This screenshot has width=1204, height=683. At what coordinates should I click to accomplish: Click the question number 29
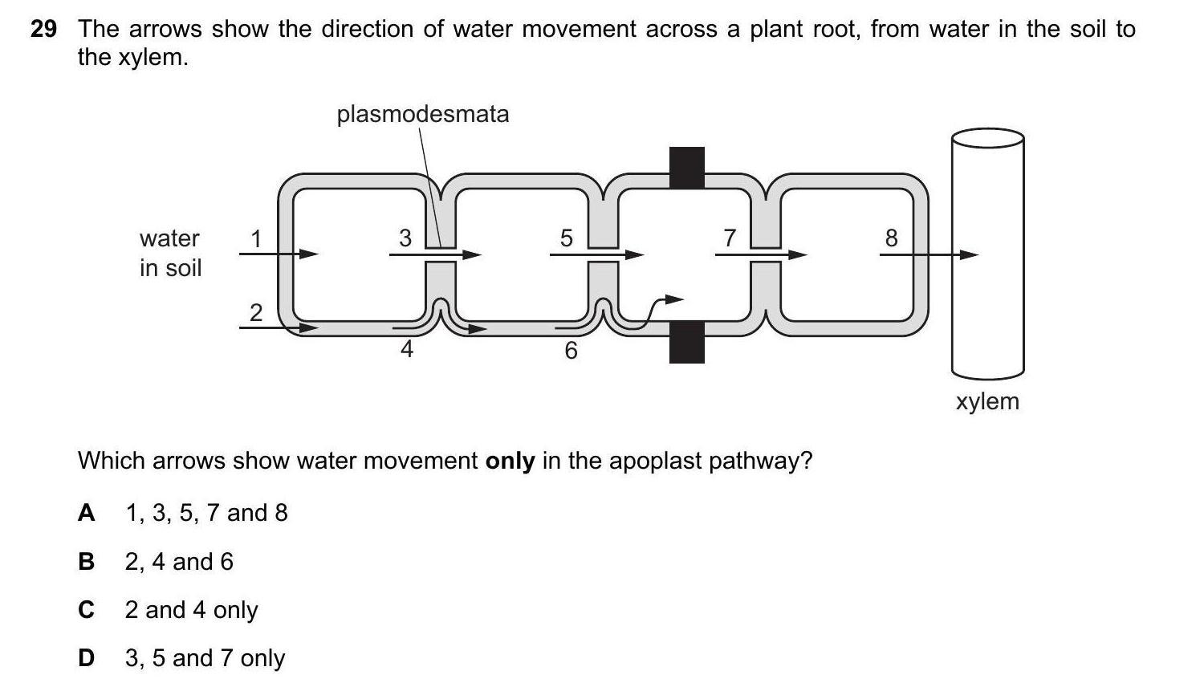click(x=43, y=30)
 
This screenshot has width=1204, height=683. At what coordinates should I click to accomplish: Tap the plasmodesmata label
click(x=422, y=114)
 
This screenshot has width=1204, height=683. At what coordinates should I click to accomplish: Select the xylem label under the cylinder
click(x=987, y=401)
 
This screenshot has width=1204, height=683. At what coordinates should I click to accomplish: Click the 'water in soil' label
click(x=169, y=253)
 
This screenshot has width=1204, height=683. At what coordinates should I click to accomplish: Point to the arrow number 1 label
click(x=256, y=238)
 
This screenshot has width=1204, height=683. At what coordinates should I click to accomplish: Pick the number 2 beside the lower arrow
click(x=256, y=312)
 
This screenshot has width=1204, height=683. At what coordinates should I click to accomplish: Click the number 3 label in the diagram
click(x=405, y=238)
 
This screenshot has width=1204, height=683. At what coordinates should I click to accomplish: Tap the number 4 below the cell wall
click(x=407, y=349)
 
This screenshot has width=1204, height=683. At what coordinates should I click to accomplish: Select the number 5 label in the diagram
click(x=567, y=238)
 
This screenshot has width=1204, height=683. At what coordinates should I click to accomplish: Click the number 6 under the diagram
click(x=571, y=351)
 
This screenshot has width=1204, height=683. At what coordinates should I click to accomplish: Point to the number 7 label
click(x=730, y=238)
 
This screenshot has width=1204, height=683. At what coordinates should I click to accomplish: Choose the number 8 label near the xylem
click(x=891, y=238)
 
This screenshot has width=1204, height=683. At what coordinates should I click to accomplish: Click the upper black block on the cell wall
click(x=687, y=167)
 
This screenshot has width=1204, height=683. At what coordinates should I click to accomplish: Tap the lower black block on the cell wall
click(x=687, y=341)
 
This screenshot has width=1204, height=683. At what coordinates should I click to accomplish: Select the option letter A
click(x=86, y=513)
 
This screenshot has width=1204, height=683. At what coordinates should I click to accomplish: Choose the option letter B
click(x=86, y=562)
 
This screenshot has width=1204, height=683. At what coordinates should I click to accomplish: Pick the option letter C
click(x=86, y=610)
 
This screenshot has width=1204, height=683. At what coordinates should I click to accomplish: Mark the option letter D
click(x=86, y=658)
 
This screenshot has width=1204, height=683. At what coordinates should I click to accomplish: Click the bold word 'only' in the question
click(x=510, y=461)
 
